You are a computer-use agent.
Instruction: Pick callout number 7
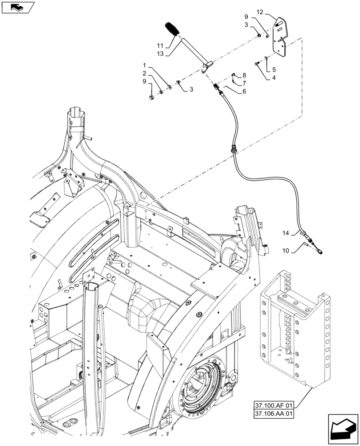click(x=244, y=83)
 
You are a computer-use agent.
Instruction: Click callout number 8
click(x=244, y=75)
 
